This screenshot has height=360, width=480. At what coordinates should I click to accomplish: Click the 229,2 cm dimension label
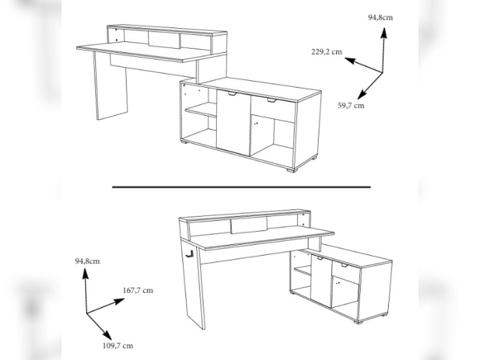[x=326, y=51]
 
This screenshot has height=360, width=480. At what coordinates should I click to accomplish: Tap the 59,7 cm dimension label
[x=350, y=106]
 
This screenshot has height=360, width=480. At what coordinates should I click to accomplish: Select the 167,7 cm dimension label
[x=137, y=290]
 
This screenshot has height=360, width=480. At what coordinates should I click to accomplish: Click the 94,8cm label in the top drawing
[x=381, y=17]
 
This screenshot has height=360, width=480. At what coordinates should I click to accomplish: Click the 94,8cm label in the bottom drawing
[x=87, y=261]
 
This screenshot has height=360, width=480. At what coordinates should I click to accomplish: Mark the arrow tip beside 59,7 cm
[x=358, y=97]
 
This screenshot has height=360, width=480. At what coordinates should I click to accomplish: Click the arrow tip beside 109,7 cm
[x=106, y=333]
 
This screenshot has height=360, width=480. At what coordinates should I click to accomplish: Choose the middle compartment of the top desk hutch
[x=164, y=40]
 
